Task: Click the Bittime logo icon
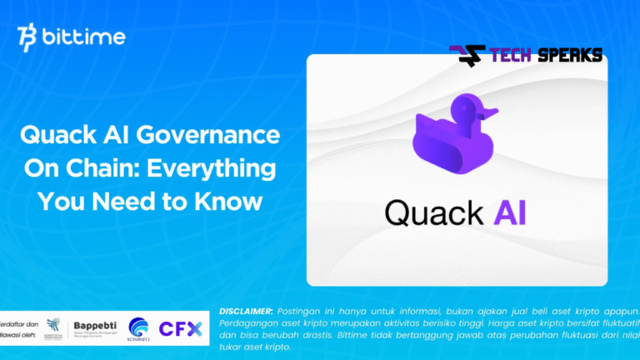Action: (x=27, y=38)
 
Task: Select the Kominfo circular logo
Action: (x=138, y=327)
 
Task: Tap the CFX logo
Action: (x=181, y=328)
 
